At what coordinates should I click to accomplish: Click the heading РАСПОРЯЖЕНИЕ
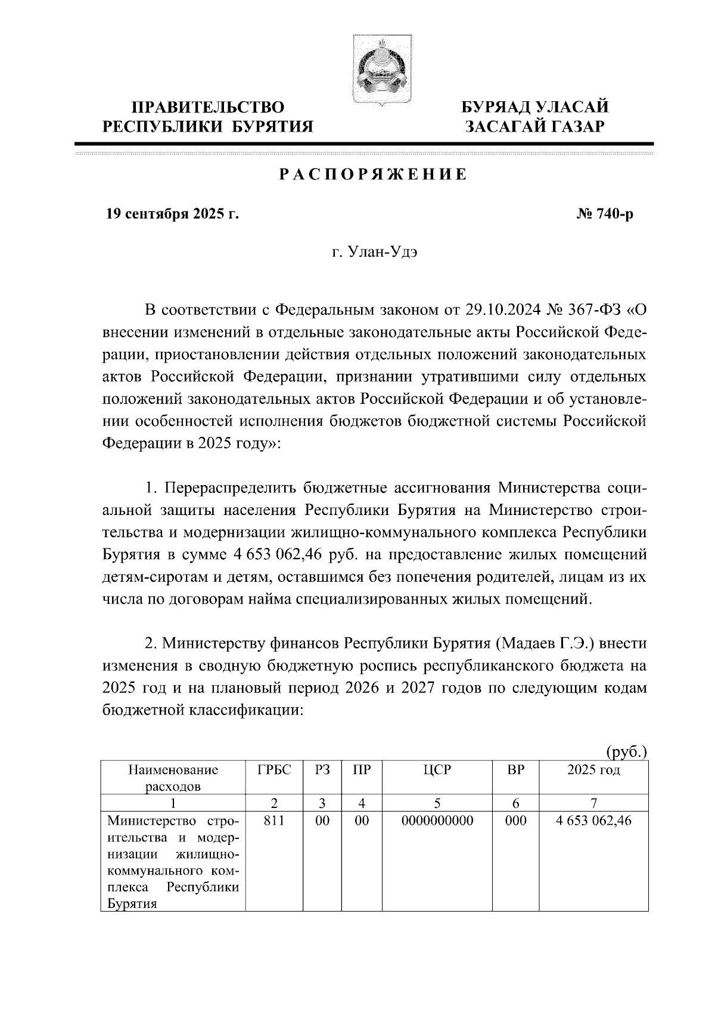[373, 175]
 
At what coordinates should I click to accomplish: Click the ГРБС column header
[274, 770]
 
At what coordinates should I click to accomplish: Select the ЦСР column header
[437, 770]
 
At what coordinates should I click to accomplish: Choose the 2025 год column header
[593, 770]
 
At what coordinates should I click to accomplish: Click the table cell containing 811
[274, 821]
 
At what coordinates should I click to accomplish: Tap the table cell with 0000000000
[437, 821]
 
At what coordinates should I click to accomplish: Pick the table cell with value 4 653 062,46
[593, 821]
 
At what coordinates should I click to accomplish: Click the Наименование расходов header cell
[173, 778]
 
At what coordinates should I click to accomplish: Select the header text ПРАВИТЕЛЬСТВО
[208, 108]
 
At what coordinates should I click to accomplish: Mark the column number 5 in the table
[437, 803]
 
